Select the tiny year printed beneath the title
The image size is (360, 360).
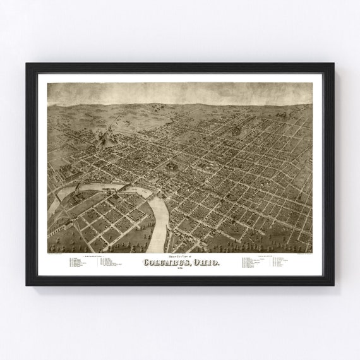pos(180,269)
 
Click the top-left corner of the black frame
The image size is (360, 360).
pos(27,64)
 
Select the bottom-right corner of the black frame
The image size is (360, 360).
pos(333,284)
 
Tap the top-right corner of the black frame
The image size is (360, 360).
pos(333,64)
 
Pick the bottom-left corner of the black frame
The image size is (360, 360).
pos(27,284)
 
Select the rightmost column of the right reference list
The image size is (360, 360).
pos(279,262)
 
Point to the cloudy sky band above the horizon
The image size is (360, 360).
pos(179,92)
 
